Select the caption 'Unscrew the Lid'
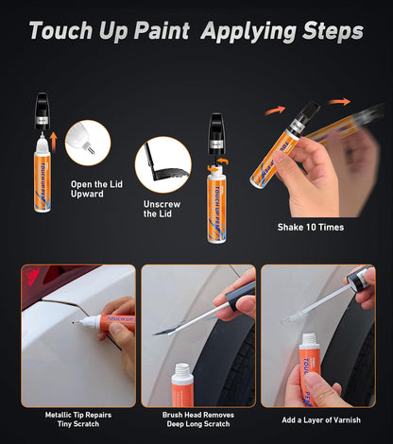pyautogui.click(x=157, y=208)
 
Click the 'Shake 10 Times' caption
pyautogui.click(x=311, y=228)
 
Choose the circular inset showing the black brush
pyautogui.click(x=162, y=165)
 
